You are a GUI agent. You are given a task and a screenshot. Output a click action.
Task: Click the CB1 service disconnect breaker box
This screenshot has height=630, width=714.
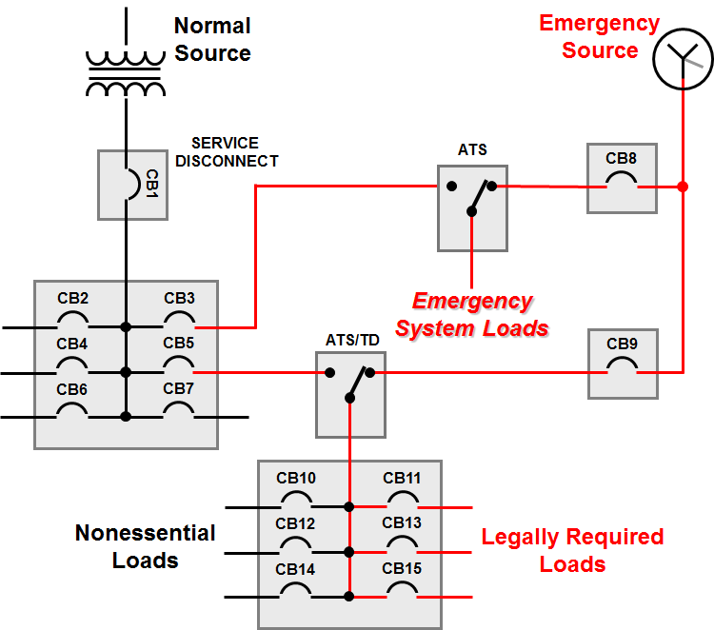tap(128, 184)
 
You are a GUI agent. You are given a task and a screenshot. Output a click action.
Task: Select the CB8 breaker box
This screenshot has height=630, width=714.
tap(622, 178)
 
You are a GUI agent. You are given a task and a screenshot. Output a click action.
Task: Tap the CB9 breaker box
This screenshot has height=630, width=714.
tap(622, 364)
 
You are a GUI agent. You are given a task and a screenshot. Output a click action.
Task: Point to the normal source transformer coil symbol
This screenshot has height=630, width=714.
tap(125, 71)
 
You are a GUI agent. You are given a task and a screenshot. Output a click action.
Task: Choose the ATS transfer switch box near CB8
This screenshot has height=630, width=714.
tap(473, 207)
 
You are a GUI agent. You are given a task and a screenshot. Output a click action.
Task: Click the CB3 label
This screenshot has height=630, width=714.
tap(179, 299)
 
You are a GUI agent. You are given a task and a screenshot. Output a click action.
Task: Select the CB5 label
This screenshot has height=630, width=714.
tap(179, 344)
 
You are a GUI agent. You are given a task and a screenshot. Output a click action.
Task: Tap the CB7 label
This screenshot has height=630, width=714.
tap(179, 388)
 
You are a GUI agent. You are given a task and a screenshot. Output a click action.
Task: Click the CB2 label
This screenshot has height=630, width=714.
tap(72, 299)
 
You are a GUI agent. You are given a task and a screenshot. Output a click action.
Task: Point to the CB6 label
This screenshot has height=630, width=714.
tap(72, 388)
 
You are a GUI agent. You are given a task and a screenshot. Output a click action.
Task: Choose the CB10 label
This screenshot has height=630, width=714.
tap(295, 478)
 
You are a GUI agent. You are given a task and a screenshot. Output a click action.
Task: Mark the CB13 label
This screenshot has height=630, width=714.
tap(402, 522)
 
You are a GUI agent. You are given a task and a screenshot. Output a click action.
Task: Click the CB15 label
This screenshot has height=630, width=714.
tap(402, 568)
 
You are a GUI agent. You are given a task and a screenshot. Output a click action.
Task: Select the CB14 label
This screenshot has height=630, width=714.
tap(295, 568)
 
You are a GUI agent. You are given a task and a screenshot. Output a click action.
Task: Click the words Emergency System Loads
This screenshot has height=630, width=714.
tap(472, 315)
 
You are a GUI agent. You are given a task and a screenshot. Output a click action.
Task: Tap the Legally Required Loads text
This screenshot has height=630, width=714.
tap(572, 550)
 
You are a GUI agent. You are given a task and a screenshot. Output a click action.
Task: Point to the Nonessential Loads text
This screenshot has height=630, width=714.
tap(146, 546)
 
